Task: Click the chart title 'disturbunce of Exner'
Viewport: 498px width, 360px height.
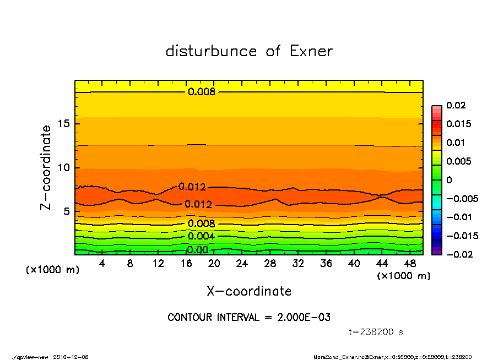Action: [249, 52]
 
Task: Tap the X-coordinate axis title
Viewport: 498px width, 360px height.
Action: [249, 291]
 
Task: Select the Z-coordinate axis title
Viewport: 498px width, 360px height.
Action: [46, 167]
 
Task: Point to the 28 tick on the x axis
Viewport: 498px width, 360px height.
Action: [270, 264]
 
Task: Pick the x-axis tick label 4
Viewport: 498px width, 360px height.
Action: [102, 264]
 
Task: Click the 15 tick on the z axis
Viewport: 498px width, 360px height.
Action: [63, 124]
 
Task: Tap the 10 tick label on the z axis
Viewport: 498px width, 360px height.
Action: [63, 167]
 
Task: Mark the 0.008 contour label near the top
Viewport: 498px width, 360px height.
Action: [201, 92]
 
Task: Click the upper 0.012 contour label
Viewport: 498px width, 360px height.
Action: [192, 187]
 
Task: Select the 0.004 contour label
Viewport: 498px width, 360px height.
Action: [201, 237]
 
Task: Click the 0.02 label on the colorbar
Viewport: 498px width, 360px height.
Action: [457, 105]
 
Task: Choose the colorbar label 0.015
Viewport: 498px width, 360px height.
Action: [459, 124]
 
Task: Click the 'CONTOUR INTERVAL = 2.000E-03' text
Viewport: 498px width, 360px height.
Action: [249, 318]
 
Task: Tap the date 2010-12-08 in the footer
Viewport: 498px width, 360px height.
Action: [71, 357]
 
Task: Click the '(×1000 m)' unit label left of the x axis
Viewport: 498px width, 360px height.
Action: [49, 270]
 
